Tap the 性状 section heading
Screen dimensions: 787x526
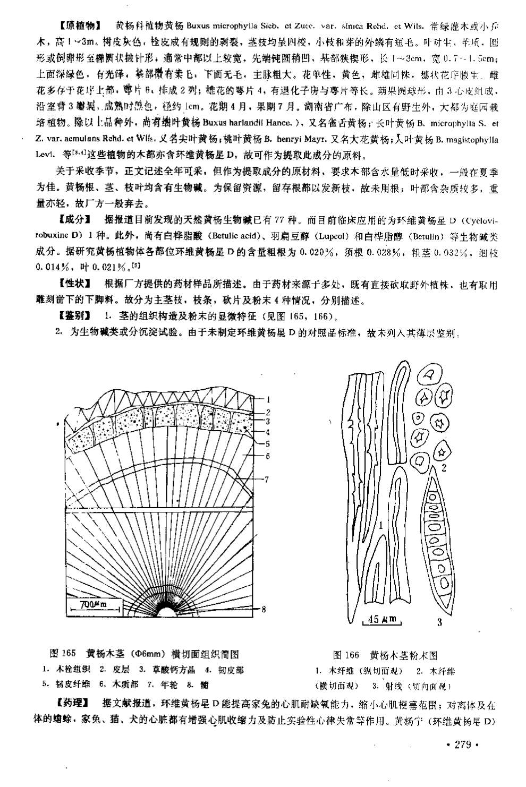(73, 285)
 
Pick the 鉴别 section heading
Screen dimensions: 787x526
(73, 317)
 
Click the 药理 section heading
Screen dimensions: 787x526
(73, 704)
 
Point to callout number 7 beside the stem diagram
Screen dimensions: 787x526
(267, 479)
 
